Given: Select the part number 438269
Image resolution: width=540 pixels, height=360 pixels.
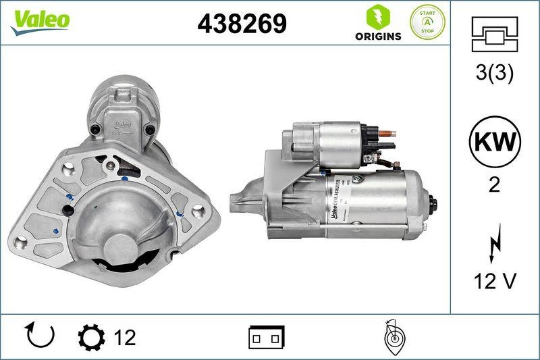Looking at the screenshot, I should (242, 24).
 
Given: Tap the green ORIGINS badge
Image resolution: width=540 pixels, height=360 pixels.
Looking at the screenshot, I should (379, 23).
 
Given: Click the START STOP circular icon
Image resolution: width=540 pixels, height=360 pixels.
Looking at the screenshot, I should (427, 22).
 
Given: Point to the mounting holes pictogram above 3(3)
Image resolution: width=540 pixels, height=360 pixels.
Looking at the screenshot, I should (494, 35).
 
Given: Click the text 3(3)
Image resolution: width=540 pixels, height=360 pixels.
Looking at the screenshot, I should (494, 74).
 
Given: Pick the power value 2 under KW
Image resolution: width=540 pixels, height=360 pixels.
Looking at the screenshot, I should (494, 184).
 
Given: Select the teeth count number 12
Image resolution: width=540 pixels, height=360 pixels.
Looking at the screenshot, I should (125, 336).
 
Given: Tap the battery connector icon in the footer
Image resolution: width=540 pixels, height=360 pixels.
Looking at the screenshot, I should (267, 336).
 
